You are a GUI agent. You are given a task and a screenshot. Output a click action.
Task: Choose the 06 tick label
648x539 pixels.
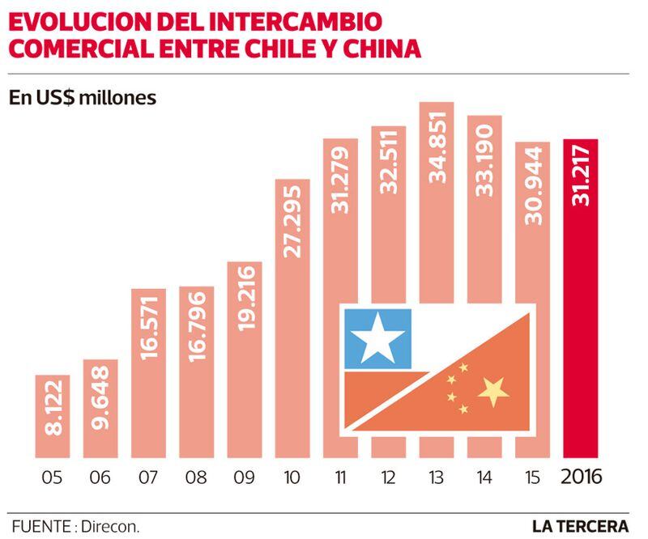(100, 477)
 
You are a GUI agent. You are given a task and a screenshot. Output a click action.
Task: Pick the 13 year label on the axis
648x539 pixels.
(437, 477)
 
